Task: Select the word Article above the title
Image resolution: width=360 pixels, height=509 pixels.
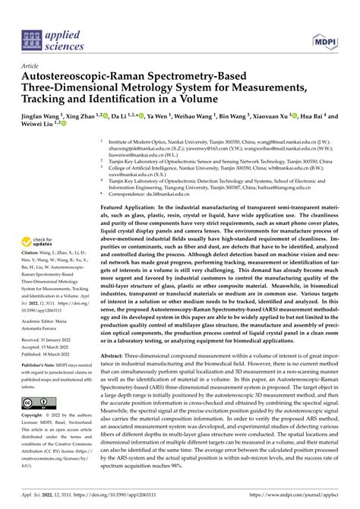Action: tap(33, 67)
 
